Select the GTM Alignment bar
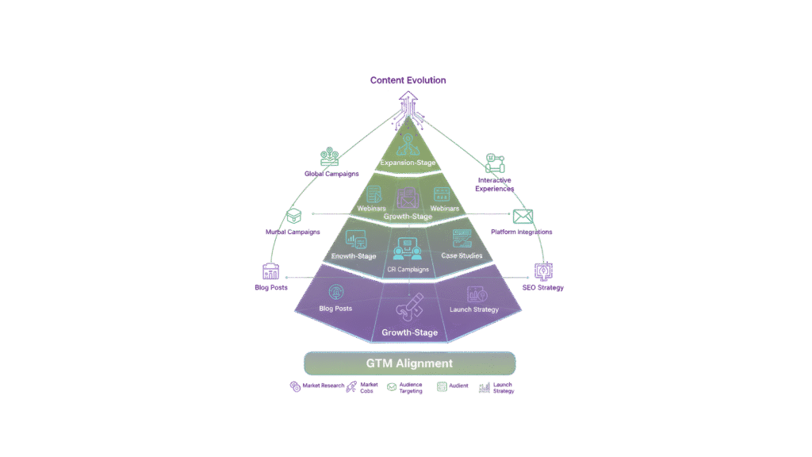(x=409, y=363)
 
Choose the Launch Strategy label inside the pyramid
(x=473, y=309)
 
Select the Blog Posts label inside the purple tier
(x=335, y=308)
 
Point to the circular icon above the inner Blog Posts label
(x=335, y=291)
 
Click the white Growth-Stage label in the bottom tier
(x=409, y=332)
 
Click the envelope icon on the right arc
(x=523, y=216)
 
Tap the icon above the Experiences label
(x=495, y=163)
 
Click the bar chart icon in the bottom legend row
(x=484, y=388)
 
